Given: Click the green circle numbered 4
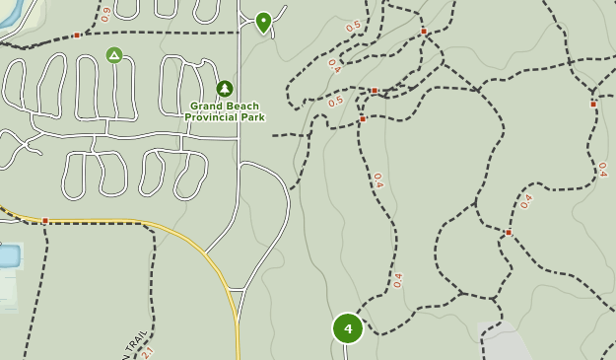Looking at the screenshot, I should pos(347,328).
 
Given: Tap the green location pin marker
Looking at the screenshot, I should pos(263,22).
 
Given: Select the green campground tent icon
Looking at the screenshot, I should pos(114,55).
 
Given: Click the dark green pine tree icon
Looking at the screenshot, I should pos(225,89).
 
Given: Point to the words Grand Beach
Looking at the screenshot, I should pos(225,106).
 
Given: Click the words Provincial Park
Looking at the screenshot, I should pos(225,117).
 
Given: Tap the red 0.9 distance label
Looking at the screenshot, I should pos(104,14).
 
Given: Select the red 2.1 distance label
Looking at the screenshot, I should pos(148,351).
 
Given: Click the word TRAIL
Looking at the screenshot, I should pos(133,343).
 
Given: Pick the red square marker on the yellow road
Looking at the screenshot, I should pos(45,220).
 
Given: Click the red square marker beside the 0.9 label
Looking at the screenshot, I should pos(76,36).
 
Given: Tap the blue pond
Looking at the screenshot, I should pos(8,256).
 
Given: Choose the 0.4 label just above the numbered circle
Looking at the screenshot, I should pos(397,280).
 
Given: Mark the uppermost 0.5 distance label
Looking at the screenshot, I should pos(353,26).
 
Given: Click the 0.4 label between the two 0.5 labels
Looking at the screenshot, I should pos(334,66).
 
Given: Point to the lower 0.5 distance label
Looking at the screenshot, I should pos(336,101).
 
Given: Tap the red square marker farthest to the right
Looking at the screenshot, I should pos(593,104).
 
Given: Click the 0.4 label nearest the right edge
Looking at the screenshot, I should pos(602,170).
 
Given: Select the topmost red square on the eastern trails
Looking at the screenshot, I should pos(424,32).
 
